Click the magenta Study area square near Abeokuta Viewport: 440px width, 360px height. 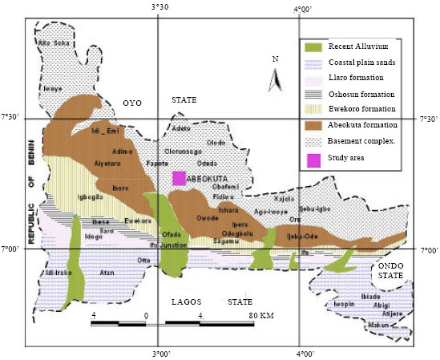(x=180, y=178)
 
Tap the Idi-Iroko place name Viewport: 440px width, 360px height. (x=54, y=273)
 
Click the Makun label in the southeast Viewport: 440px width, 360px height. (x=377, y=325)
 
